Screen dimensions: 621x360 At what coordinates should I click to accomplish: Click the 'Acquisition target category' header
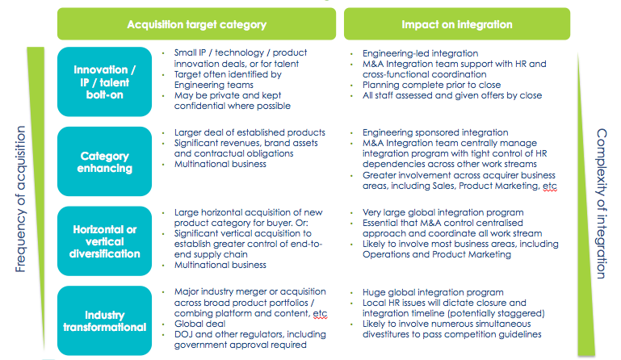pyautogui.click(x=196, y=24)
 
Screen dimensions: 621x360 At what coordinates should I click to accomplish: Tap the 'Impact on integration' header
pyautogui.click(x=456, y=24)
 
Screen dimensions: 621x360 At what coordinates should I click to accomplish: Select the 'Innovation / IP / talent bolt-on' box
pyautogui.click(x=104, y=82)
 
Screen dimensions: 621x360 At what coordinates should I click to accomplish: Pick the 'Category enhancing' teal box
pyautogui.click(x=104, y=161)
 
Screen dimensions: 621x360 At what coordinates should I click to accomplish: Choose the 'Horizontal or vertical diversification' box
pyautogui.click(x=104, y=241)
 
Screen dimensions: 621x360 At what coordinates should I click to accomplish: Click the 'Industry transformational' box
pyautogui.click(x=104, y=320)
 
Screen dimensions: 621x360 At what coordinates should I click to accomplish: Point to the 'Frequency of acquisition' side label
pyautogui.click(x=20, y=199)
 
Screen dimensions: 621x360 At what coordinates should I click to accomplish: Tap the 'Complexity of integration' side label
pyautogui.click(x=602, y=203)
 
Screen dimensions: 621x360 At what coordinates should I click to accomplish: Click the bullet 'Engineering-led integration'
pyautogui.click(x=420, y=53)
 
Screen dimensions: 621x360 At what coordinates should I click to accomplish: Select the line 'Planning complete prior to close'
pyautogui.click(x=431, y=85)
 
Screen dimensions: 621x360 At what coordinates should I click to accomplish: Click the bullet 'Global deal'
pyautogui.click(x=199, y=324)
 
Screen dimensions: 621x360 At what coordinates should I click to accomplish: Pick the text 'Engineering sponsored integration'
pyautogui.click(x=435, y=132)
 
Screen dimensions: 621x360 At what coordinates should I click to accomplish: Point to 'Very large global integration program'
pyautogui.click(x=443, y=212)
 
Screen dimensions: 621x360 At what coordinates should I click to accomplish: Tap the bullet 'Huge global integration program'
pyautogui.click(x=433, y=292)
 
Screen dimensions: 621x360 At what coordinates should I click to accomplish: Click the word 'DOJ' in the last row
pyautogui.click(x=183, y=334)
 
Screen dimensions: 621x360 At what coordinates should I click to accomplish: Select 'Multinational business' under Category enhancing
pyautogui.click(x=220, y=164)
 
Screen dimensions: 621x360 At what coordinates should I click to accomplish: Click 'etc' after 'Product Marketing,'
pyautogui.click(x=550, y=186)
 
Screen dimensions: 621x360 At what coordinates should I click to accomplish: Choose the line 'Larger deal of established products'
pyautogui.click(x=250, y=132)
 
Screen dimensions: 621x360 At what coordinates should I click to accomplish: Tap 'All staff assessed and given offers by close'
pyautogui.click(x=452, y=95)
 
